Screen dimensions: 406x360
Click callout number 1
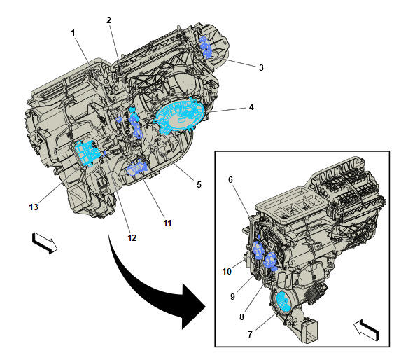pyautogui.click(x=73, y=33)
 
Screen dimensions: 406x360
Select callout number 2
pyautogui.click(x=108, y=20)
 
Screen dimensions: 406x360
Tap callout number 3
pyautogui.click(x=261, y=68)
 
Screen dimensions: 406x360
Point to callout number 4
pyautogui.click(x=251, y=107)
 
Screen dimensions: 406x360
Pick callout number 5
pyautogui.click(x=199, y=185)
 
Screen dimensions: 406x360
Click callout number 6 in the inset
pyautogui.click(x=231, y=179)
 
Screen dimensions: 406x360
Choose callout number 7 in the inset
pyautogui.click(x=250, y=334)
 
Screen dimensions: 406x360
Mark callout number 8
pyautogui.click(x=241, y=317)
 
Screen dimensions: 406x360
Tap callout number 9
pyautogui.click(x=232, y=296)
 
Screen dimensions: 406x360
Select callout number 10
pyautogui.click(x=227, y=272)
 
